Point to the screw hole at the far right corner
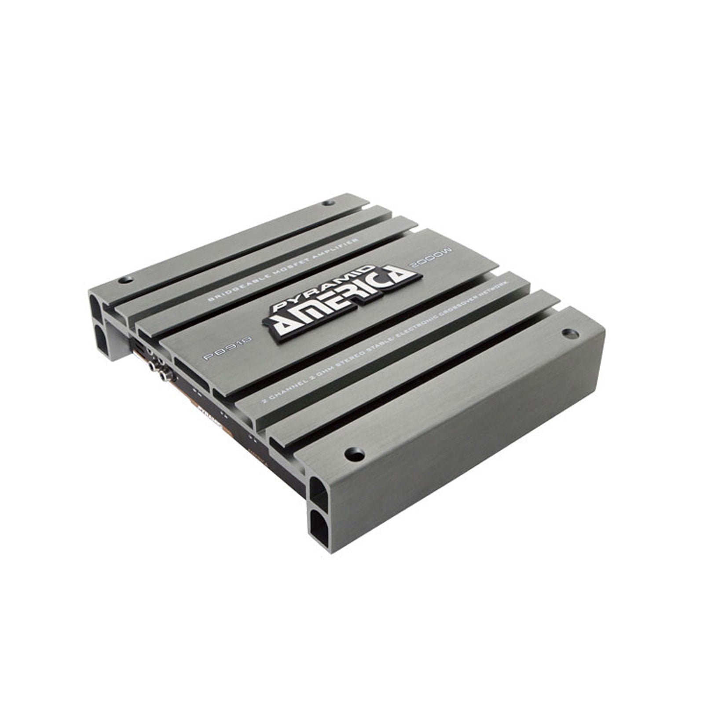[x=569, y=333]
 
